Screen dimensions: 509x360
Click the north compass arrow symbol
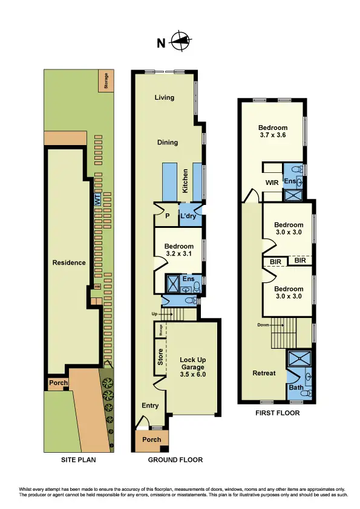click(179, 42)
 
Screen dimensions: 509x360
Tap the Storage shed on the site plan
click(106, 81)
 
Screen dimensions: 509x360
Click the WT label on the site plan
click(97, 199)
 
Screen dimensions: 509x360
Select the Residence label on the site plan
click(69, 262)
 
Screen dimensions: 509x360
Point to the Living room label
click(164, 97)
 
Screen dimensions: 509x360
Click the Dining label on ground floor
click(168, 143)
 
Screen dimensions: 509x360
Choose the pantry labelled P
click(166, 216)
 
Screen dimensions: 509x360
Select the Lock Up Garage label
click(193, 367)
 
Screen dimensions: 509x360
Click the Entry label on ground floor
click(150, 406)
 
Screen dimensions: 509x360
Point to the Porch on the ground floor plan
click(152, 439)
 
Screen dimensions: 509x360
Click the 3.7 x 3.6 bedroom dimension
click(272, 135)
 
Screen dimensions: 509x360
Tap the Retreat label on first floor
click(264, 373)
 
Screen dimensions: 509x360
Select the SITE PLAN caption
click(79, 460)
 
